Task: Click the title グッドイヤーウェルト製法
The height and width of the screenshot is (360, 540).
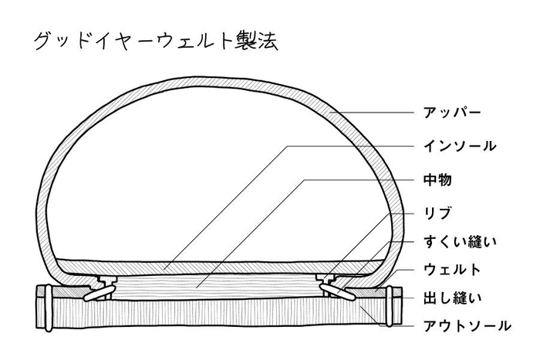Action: coord(156,42)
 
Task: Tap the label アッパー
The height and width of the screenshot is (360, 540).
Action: coord(452,113)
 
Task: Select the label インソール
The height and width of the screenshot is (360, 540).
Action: coord(460,146)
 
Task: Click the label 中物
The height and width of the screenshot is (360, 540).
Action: coord(437,180)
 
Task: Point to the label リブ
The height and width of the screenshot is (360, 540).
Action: coord(437,213)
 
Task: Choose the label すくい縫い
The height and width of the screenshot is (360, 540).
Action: coord(460,241)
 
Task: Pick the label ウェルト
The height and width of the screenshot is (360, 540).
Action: coord(452,270)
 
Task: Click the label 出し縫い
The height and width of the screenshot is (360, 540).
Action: coord(452,298)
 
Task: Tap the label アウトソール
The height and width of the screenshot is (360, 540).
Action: coord(467,325)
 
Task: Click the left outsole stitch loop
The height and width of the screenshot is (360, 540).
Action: coord(48,306)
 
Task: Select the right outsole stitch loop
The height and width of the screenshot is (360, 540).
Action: coord(390,306)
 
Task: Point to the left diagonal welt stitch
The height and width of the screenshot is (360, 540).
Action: coord(100,292)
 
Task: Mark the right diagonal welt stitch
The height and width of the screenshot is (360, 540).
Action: coord(337,291)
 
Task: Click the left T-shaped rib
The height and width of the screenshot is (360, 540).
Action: coord(107,281)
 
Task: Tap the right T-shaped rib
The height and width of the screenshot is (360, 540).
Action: coord(326,281)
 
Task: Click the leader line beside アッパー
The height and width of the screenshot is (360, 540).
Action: coord(372,113)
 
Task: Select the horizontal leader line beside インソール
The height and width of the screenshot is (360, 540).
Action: coord(350,146)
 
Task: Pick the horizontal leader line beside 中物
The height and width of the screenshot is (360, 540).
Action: coord(359,180)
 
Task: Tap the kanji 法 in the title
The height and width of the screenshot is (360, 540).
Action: coord(268,42)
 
